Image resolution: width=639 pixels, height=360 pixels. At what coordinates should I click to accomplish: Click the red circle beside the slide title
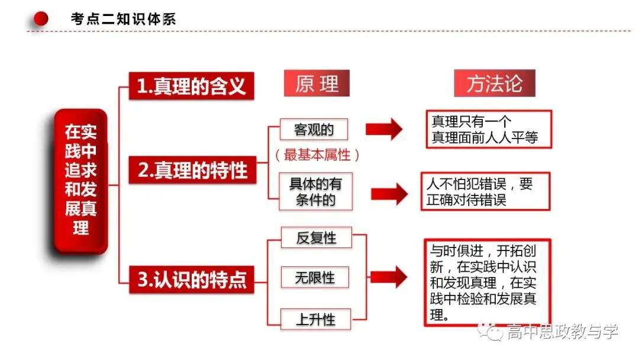(41, 18)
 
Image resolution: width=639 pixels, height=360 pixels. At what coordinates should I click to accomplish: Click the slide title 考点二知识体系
(123, 19)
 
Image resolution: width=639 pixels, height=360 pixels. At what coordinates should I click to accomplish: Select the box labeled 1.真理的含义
(191, 86)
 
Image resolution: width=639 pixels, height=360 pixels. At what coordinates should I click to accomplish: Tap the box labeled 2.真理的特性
(192, 169)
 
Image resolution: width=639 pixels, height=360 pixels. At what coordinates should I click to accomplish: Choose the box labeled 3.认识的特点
(192, 279)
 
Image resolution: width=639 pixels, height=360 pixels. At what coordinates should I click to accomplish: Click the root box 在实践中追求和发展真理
(80, 181)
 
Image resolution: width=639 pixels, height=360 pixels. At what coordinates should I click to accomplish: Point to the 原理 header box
(317, 83)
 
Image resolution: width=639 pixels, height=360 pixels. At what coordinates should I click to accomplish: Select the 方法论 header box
(494, 83)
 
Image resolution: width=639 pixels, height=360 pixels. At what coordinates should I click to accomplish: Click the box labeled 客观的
(314, 129)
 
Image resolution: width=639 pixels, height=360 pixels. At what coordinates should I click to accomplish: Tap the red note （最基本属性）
(317, 155)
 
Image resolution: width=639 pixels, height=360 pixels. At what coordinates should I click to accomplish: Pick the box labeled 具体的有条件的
(315, 192)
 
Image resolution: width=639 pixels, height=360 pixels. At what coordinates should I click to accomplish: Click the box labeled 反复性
(316, 237)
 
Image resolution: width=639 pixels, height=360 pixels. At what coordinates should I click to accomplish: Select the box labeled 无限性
(315, 278)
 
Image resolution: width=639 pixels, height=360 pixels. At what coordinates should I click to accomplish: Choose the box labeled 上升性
(316, 319)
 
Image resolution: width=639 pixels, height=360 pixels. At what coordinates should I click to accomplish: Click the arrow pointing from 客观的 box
(384, 129)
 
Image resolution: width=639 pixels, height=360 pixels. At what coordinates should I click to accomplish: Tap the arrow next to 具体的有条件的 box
(389, 194)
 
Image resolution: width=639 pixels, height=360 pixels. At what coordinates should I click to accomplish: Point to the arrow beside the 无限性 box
(389, 277)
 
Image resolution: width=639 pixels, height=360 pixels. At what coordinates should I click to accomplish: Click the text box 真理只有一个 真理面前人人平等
(489, 129)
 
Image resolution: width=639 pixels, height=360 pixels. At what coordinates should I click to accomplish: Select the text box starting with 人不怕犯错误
(485, 192)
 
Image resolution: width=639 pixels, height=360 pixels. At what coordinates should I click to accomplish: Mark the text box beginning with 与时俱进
(488, 282)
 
